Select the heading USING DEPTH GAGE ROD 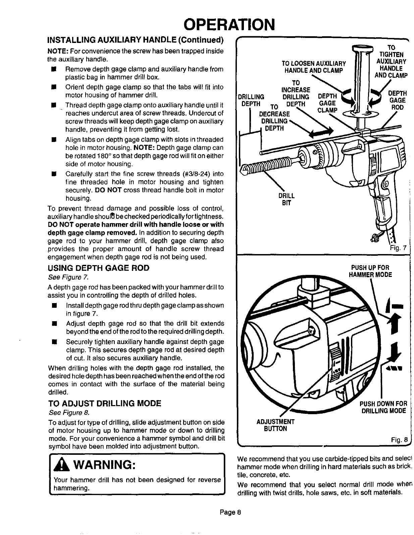[x=98, y=268]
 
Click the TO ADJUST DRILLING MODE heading [x=105, y=403]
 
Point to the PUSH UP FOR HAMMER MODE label [x=370, y=271]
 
